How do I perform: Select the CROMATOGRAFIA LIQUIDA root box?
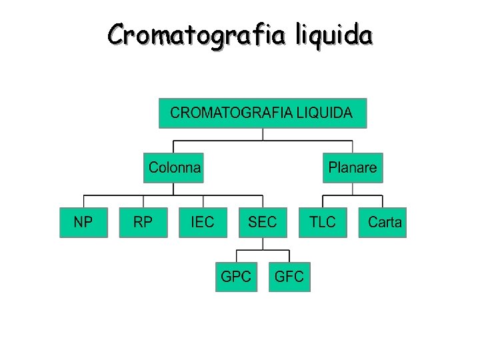pyautogui.click(x=262, y=113)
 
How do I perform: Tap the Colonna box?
pyautogui.click(x=174, y=167)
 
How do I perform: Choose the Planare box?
pyautogui.click(x=353, y=167)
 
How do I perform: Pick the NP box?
pyautogui.click(x=83, y=222)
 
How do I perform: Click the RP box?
pyautogui.click(x=143, y=222)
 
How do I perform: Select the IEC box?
pyautogui.click(x=203, y=222)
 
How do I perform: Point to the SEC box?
pyautogui.click(x=262, y=222)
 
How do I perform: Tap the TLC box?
pyautogui.click(x=323, y=222)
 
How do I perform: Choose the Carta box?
pyautogui.click(x=383, y=222)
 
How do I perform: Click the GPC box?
pyautogui.click(x=236, y=277)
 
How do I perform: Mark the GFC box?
pyautogui.click(x=289, y=277)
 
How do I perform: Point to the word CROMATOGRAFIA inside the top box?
pyautogui.click(x=231, y=113)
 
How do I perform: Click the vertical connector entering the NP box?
pyautogui.click(x=83, y=201)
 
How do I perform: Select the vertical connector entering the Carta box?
pyautogui.click(x=383, y=201)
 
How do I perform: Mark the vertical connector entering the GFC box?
pyautogui.click(x=289, y=256)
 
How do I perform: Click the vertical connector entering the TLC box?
pyautogui.click(x=323, y=201)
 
